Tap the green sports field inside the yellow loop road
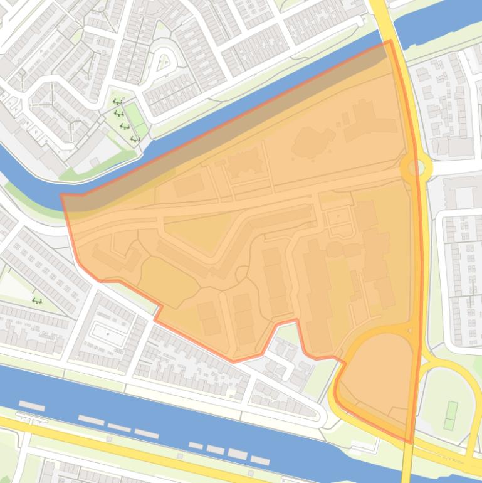pyautogui.click(x=450, y=415)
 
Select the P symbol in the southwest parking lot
pyautogui.click(x=107, y=335)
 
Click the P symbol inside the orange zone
pyautogui.click(x=339, y=216)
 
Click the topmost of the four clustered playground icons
pyautogui.click(x=116, y=102)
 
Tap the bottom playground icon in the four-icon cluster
pyautogui.click(x=133, y=139)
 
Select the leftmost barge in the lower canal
pyautogui.click(x=31, y=406)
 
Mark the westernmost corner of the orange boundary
pyautogui.click(x=61, y=195)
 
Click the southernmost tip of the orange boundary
pyautogui.click(x=411, y=443)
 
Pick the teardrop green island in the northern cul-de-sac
pyautogui.click(x=164, y=61)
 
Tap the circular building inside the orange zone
pyautogui.click(x=334, y=250)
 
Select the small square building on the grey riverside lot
pyautogui.click(x=96, y=162)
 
